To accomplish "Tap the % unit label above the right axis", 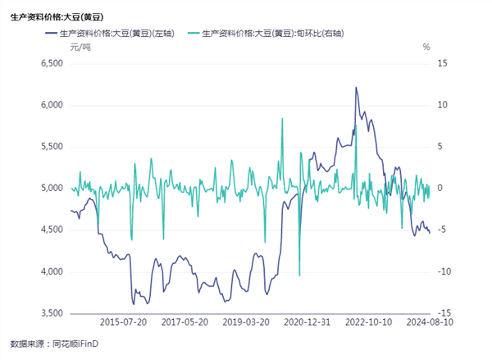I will coord(426,47).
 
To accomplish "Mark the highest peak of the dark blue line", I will coord(355,87).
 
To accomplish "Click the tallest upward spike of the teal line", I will coord(282,118).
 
